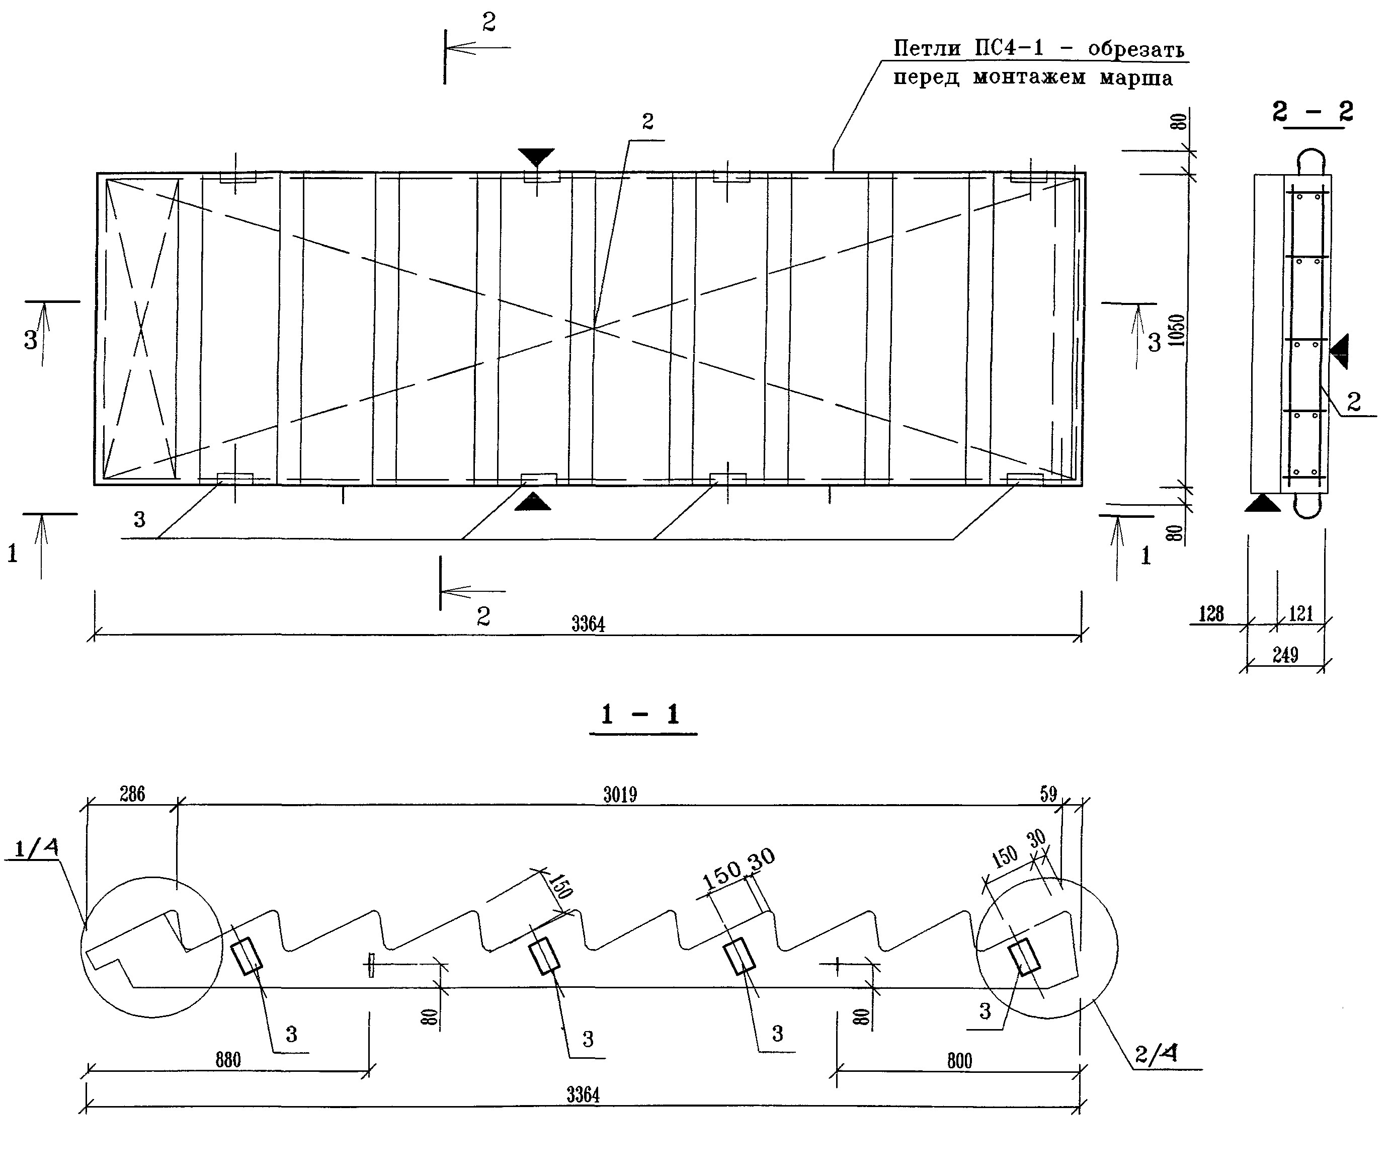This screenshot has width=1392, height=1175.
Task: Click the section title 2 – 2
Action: [1312, 111]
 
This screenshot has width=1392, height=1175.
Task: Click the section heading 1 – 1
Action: [641, 715]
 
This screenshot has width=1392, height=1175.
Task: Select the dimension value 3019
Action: [620, 794]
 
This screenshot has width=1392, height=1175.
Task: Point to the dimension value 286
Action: [132, 794]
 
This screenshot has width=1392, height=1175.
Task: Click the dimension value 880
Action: [228, 1060]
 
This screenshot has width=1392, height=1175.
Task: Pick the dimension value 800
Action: [959, 1060]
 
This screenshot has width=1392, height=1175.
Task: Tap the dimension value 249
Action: [1285, 656]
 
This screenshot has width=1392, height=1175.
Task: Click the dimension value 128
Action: [1211, 613]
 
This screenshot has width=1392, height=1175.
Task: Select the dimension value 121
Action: [1300, 613]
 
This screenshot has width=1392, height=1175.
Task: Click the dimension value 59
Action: [1048, 794]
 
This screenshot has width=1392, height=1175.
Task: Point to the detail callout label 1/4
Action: [36, 848]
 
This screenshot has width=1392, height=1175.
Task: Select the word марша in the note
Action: [1135, 78]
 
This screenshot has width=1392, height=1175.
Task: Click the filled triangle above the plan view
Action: [536, 156]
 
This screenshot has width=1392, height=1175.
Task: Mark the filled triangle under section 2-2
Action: [1262, 504]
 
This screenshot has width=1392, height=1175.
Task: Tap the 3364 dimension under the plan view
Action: [588, 624]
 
